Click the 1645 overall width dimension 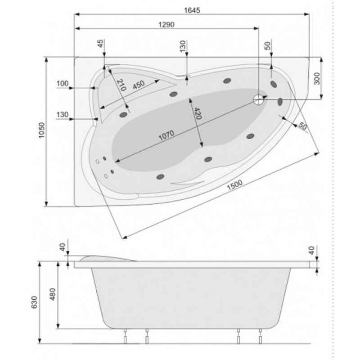coord(192,10)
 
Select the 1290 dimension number coord(166,24)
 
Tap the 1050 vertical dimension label coord(41,130)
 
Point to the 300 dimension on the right coord(317,78)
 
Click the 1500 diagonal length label coord(234,185)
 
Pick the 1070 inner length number coord(166,135)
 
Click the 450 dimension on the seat coord(139,85)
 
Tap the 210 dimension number coord(121,85)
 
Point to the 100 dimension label coord(63,83)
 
